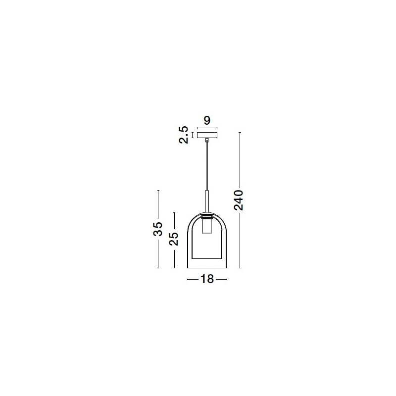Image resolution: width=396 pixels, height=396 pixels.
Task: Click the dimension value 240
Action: tap(239, 200)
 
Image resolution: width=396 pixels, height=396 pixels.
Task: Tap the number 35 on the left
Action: tap(158, 229)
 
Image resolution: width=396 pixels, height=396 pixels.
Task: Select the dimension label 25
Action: tap(174, 239)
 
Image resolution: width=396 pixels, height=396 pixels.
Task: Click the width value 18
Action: tap(207, 279)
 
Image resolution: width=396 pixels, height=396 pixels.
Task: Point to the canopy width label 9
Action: tap(207, 120)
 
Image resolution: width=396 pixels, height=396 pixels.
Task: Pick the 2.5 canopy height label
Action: tap(184, 135)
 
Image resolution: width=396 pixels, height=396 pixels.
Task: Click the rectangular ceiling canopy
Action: tap(207, 135)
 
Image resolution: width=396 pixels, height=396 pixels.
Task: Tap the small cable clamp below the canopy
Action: tap(207, 140)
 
